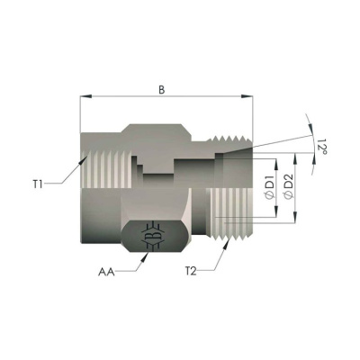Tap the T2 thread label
(x=192, y=270)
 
